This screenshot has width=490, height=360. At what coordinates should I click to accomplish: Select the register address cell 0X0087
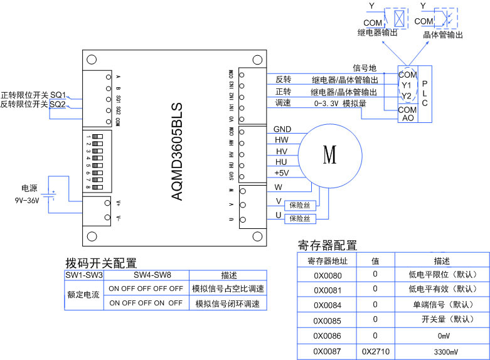point(327,351)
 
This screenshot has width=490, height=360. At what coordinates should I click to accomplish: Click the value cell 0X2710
point(376,351)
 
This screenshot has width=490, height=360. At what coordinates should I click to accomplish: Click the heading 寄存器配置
point(327,245)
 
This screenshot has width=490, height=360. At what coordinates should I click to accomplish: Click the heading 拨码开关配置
point(101,263)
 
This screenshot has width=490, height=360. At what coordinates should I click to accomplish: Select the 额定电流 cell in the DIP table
point(83,296)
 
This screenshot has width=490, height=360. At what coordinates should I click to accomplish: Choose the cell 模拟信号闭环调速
point(227,304)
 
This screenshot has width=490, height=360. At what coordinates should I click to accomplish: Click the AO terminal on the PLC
point(407,118)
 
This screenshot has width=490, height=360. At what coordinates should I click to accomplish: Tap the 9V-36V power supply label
point(28,201)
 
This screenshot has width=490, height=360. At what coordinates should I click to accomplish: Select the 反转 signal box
point(284,80)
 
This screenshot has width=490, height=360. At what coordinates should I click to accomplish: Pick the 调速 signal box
point(284,103)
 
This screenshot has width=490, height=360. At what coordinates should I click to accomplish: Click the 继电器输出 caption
point(378,32)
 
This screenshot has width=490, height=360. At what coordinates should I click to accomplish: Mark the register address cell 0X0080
point(327,274)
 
